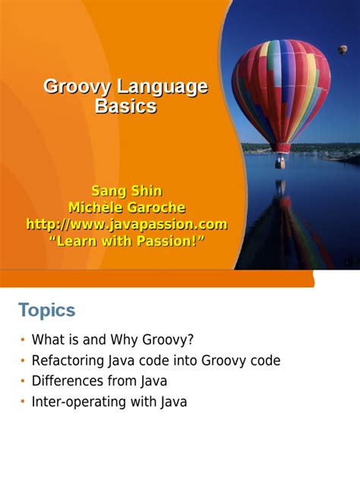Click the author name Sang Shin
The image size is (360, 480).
(126, 191)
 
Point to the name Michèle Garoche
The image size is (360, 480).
(126, 207)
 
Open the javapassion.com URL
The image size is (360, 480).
(126, 224)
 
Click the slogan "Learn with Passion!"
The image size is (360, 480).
(126, 241)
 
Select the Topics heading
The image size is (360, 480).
(46, 310)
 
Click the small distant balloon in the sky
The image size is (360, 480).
(343, 49)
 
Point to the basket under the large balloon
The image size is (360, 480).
(281, 161)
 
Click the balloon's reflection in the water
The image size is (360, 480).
(283, 228)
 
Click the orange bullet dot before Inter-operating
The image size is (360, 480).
(23, 403)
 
